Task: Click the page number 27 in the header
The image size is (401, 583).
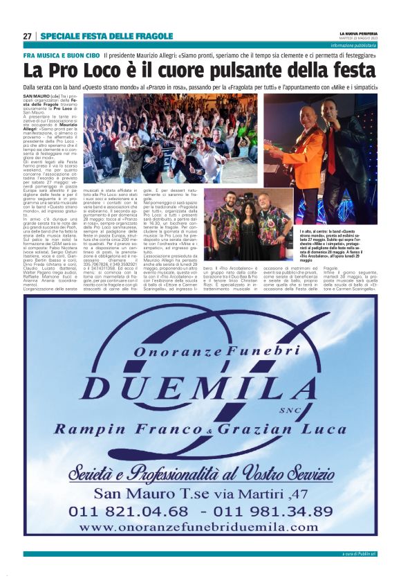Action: pyautogui.click(x=27, y=36)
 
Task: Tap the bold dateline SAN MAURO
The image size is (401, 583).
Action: pyautogui.click(x=36, y=95)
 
